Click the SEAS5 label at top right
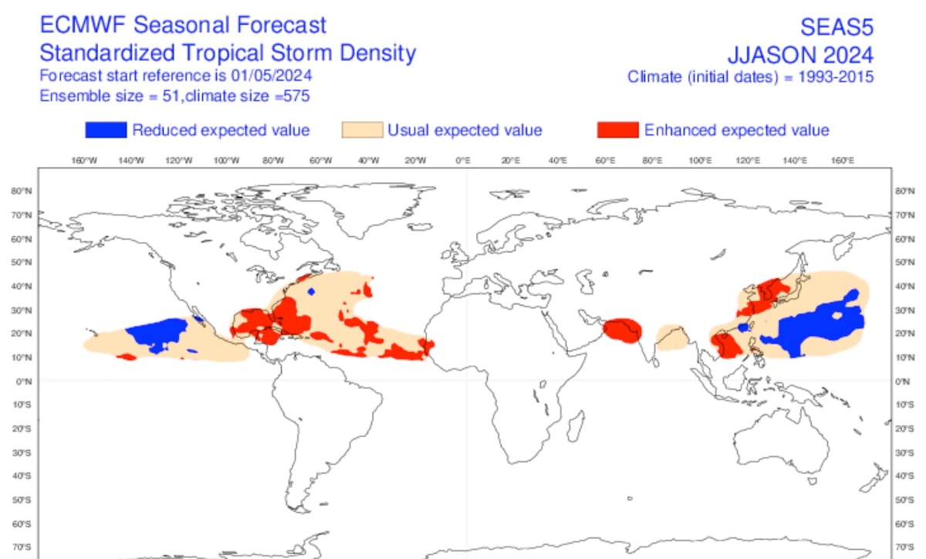point(836,28)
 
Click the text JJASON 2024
point(800,56)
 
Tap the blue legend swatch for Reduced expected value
point(106,130)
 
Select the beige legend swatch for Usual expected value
point(362,130)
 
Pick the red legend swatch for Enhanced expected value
point(618,130)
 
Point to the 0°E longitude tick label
point(463,160)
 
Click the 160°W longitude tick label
point(84,160)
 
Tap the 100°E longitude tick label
point(700,160)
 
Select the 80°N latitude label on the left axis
point(22,191)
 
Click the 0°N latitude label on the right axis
point(900,381)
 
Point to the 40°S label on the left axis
point(22,476)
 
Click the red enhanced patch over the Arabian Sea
point(622,330)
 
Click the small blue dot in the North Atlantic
point(310,292)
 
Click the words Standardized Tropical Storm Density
point(227,53)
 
